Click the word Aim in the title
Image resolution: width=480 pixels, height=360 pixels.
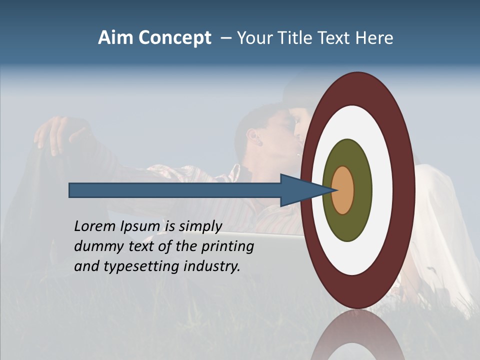pyautogui.click(x=116, y=38)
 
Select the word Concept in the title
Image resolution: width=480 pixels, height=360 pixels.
pyautogui.click(x=175, y=38)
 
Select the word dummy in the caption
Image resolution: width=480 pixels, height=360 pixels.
pyautogui.click(x=95, y=246)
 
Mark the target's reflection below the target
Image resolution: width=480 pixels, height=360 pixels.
pyautogui.click(x=357, y=335)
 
